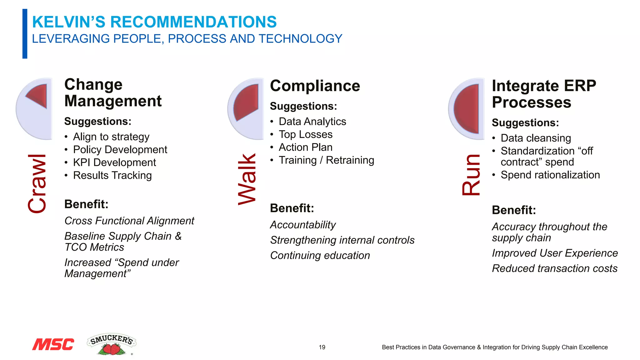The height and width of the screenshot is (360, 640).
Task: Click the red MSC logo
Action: [x=53, y=344]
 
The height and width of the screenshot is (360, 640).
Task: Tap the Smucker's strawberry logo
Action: [x=112, y=344]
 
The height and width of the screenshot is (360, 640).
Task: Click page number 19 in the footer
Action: [x=322, y=347]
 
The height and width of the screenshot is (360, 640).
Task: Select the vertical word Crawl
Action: [x=37, y=183]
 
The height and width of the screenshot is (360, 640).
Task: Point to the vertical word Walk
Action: [x=247, y=179]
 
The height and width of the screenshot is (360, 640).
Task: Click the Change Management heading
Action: [x=113, y=92]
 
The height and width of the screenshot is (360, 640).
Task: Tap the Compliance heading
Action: [x=315, y=86]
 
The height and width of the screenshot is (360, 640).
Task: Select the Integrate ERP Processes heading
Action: [x=544, y=94]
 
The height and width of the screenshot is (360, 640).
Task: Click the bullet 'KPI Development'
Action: [x=114, y=162]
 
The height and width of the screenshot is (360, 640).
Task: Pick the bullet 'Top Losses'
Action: [x=305, y=134]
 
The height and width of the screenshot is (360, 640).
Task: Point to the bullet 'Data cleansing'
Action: [x=536, y=138]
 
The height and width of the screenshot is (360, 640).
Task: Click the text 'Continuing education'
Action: [x=320, y=255]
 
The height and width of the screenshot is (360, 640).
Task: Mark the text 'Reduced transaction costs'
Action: [x=554, y=268]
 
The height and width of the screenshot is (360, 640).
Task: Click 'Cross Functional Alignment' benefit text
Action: [x=129, y=221]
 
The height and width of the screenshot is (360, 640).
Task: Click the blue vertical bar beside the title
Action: [x=25, y=34]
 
